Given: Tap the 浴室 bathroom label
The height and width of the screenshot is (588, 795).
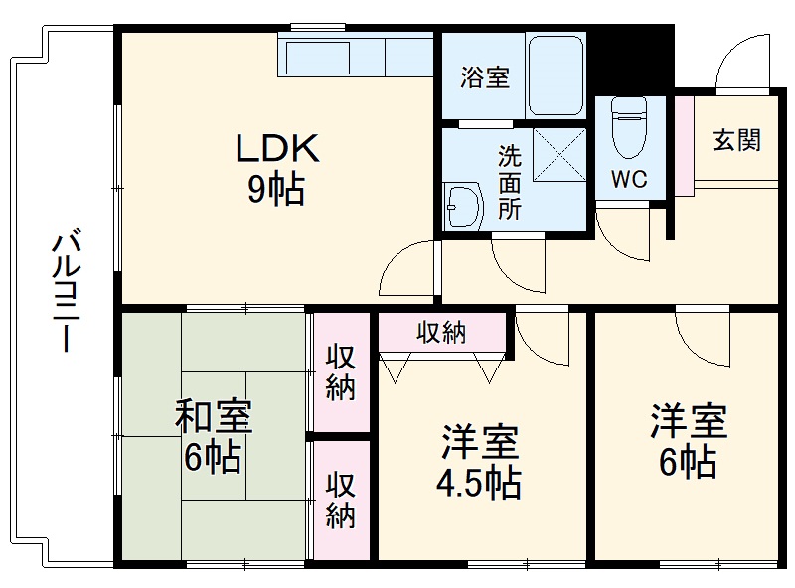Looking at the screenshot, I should click(x=485, y=78).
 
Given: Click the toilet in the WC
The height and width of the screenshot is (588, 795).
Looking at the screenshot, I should click(x=628, y=127).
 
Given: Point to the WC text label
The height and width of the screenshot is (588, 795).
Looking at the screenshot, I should click(x=629, y=180).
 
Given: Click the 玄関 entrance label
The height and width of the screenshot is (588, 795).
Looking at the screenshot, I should click(x=736, y=140).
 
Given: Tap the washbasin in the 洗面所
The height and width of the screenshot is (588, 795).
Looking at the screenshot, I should click(x=462, y=206).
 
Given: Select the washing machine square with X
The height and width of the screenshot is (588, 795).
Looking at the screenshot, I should click(x=559, y=155).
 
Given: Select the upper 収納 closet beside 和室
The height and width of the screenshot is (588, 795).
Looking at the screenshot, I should click(x=340, y=371).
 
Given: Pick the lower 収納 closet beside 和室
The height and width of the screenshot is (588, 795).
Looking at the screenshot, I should click(x=340, y=502).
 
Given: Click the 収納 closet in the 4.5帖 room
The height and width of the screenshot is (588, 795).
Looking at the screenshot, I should click(x=440, y=333).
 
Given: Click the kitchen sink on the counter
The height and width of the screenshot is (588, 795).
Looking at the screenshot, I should click(x=317, y=57).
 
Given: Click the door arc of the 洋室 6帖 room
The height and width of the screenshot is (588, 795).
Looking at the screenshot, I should click(x=703, y=333).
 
